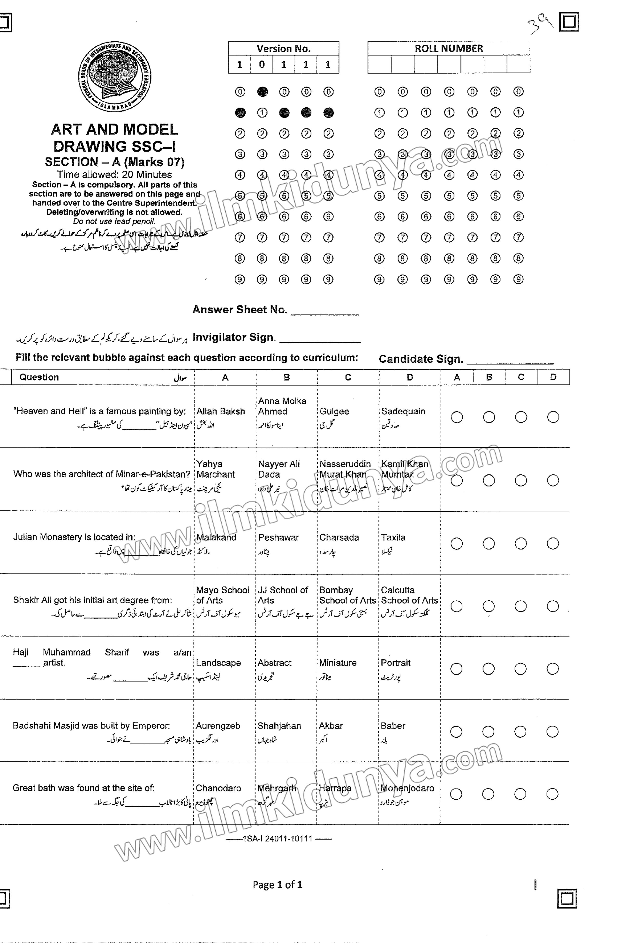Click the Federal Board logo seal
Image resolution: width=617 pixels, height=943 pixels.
[x=115, y=77]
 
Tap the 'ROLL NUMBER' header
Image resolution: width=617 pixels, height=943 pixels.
[x=449, y=48]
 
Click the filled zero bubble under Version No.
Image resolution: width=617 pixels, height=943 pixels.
[x=262, y=92]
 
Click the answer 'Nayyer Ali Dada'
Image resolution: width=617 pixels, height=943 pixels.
[x=279, y=469]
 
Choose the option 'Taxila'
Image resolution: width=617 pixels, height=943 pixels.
[x=393, y=537]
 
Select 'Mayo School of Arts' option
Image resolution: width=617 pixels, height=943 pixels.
[x=222, y=595]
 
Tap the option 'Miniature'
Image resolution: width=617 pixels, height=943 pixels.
[x=338, y=663]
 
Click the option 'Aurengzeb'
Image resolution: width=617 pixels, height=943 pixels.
[x=218, y=726]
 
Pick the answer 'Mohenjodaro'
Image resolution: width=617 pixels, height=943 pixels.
[x=407, y=788]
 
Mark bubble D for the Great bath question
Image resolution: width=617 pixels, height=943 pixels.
[x=552, y=794]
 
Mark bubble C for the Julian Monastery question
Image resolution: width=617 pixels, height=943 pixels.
[x=520, y=544]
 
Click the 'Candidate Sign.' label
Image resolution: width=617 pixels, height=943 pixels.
[x=421, y=359]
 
